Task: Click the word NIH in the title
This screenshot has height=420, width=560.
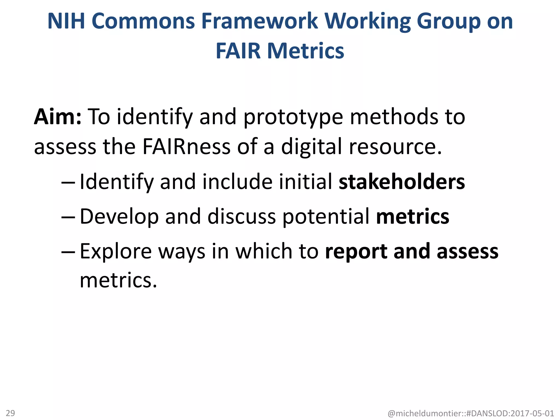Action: click(x=67, y=21)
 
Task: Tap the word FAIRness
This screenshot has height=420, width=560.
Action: click(x=186, y=147)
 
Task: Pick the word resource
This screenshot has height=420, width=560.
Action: click(x=395, y=147)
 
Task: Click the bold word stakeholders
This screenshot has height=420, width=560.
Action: click(x=402, y=182)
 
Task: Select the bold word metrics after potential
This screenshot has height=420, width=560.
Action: click(x=413, y=216)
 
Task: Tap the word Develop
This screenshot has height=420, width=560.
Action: click(x=119, y=217)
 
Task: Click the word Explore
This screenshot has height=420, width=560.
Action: click(x=116, y=251)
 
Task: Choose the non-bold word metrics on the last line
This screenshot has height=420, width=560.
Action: click(x=118, y=280)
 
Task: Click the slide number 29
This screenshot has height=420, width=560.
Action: click(x=10, y=413)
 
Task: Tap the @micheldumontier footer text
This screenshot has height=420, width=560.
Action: click(x=471, y=413)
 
